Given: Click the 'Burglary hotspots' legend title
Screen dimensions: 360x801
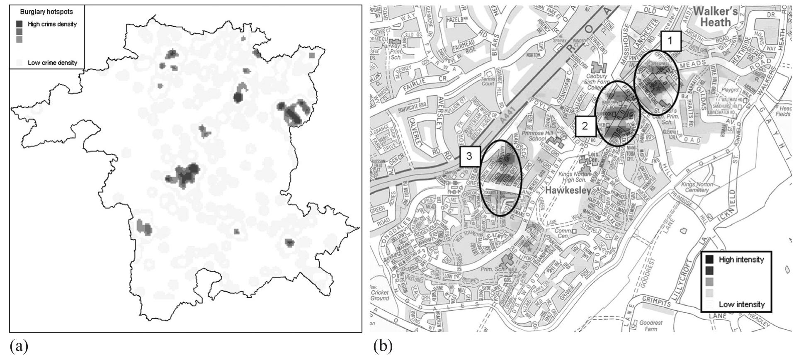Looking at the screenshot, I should (x=46, y=12).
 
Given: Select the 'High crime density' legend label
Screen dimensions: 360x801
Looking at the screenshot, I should (x=52, y=24).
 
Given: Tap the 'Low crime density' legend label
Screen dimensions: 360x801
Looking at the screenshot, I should (x=52, y=63).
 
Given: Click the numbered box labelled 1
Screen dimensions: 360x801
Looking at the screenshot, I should (x=671, y=41).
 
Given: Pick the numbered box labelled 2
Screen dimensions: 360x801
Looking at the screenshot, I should (x=585, y=126).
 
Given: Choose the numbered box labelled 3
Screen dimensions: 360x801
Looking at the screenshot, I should (x=469, y=156).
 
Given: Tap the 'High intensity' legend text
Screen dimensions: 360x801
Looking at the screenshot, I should (x=741, y=260).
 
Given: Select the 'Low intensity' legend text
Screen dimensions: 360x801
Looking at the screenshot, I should (x=742, y=304).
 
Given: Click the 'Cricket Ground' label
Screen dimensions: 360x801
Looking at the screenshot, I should (x=380, y=295).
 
